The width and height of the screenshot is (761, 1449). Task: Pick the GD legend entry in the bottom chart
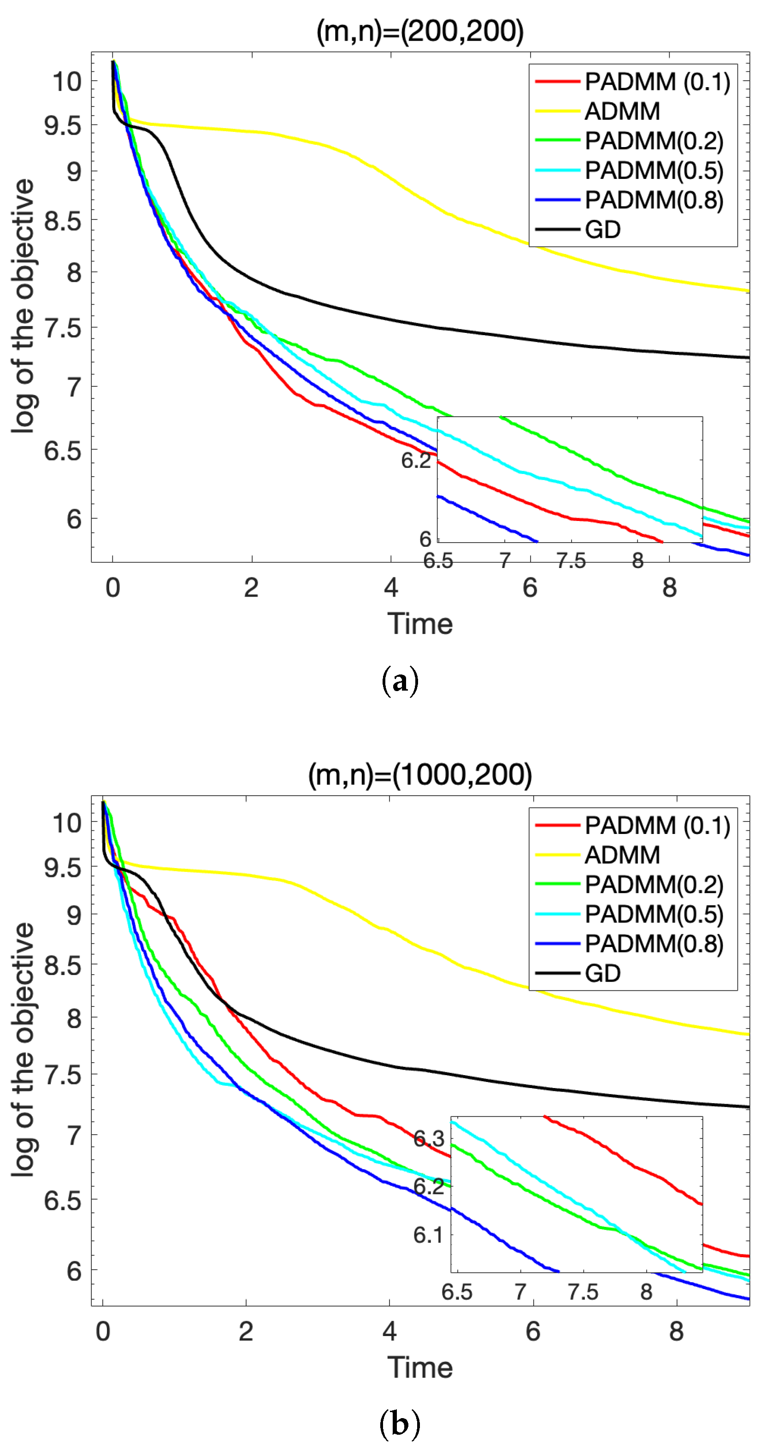coord(602,973)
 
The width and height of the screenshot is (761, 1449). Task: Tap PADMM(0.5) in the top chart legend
coord(654,171)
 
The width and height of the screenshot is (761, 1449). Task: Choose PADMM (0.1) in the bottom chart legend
coord(657,825)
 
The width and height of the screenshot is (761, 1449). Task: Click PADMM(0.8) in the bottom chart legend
coord(654,943)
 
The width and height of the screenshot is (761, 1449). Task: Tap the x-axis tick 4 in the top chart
coord(391,588)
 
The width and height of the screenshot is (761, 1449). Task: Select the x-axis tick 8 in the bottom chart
coord(676,1331)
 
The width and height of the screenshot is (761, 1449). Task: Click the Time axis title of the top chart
coord(419,624)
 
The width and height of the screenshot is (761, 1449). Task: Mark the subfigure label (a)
coord(400,681)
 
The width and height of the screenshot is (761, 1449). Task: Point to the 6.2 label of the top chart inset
coord(416,460)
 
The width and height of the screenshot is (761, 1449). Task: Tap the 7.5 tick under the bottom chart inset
coord(583,1292)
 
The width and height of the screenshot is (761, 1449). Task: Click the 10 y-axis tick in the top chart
coord(67,82)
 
